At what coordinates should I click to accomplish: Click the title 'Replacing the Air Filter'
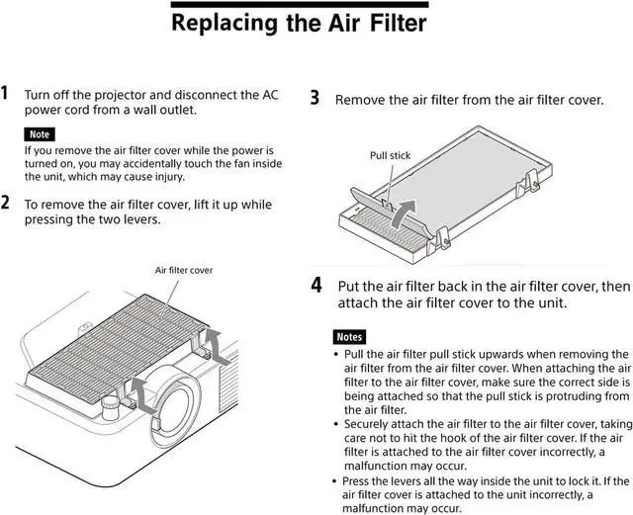[x=300, y=21]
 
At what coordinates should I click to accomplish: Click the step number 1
[x=6, y=94]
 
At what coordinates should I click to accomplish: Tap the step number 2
[x=6, y=204]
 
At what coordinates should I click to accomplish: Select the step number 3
[x=315, y=98]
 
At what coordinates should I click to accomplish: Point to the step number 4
[x=316, y=285]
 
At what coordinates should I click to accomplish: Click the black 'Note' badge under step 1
[x=40, y=133]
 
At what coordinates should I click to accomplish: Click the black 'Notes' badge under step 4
[x=350, y=336]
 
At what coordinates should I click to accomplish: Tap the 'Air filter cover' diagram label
[x=184, y=269]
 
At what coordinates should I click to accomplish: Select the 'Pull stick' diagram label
[x=390, y=155]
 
